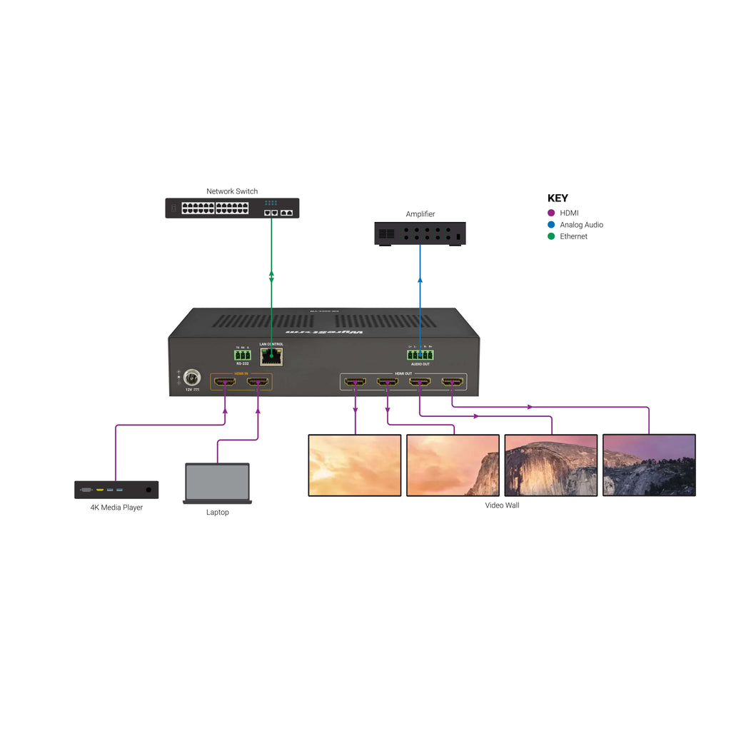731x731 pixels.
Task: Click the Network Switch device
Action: [232, 208]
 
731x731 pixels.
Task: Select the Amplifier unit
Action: [420, 233]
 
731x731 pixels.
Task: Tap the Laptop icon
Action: [217, 483]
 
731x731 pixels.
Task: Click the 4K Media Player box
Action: [116, 490]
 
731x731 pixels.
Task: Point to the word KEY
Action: [558, 198]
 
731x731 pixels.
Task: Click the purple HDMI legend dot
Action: [551, 213]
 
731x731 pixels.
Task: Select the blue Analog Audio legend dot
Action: [551, 225]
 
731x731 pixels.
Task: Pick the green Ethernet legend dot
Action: [551, 236]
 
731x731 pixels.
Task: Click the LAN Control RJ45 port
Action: [271, 356]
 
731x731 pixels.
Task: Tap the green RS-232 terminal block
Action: [243, 355]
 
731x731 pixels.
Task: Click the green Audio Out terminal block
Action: [420, 355]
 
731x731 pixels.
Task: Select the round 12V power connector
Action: [191, 378]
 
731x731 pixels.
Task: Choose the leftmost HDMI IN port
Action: [226, 382]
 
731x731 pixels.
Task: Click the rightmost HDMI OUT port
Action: [451, 382]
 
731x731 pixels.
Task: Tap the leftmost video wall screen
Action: [355, 465]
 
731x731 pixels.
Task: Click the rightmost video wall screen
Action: [649, 465]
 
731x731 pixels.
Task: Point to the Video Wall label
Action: [502, 505]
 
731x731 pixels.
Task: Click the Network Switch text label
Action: [232, 191]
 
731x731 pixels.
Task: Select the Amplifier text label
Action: [420, 214]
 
